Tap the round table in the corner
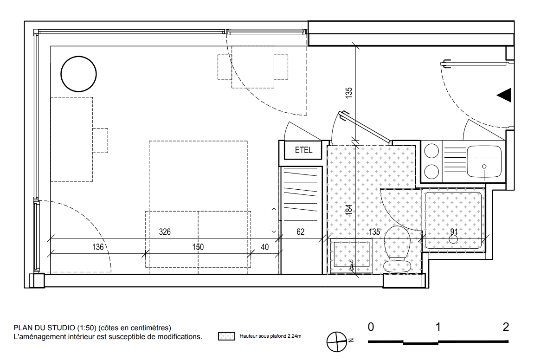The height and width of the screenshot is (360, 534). [79, 74]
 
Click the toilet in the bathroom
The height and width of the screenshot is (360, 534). [397, 249]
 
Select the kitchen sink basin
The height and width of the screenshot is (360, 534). [484, 162]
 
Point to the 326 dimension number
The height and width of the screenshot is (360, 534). [165, 232]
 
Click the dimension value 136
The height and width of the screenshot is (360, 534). [98, 247]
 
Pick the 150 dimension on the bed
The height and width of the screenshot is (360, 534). [198, 247]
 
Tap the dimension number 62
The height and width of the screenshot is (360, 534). [300, 232]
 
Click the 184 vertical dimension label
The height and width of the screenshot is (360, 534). [349, 209]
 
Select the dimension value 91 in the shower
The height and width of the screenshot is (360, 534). [454, 231]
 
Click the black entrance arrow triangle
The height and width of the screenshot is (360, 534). [504, 95]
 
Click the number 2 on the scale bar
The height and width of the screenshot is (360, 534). [506, 327]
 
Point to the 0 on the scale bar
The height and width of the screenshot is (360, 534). [371, 327]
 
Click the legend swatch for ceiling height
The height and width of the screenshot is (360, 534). [226, 336]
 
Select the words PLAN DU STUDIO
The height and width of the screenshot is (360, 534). [44, 328]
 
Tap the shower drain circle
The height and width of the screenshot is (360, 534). [453, 239]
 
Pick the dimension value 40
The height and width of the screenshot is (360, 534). [264, 247]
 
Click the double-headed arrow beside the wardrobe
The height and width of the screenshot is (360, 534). [274, 220]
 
